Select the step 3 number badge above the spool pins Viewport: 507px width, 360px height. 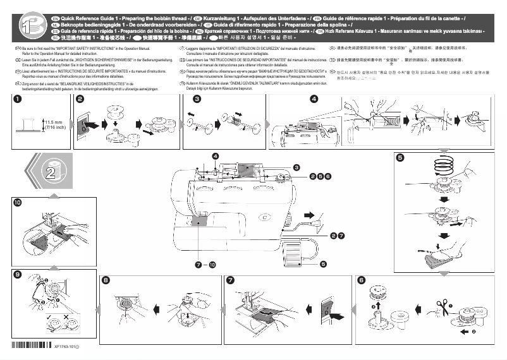(197, 99)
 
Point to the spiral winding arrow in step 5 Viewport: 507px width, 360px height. (441, 168)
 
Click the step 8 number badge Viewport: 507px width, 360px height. (106, 280)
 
